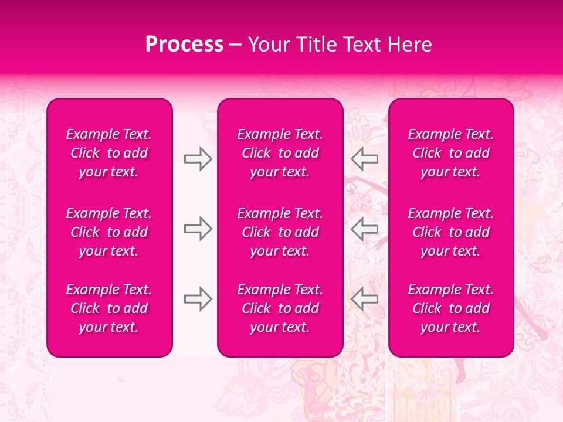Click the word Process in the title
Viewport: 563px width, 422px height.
pos(184,45)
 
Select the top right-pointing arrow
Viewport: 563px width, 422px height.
pos(198,158)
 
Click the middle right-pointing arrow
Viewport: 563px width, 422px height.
pos(198,229)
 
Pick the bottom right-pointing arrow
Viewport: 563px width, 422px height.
pos(198,299)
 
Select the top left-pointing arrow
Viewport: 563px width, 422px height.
pos(364,158)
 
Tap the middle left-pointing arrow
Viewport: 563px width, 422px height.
pos(364,229)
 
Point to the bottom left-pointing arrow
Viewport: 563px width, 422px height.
pos(364,299)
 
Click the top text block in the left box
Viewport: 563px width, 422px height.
pos(109,153)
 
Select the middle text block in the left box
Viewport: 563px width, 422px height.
pos(109,232)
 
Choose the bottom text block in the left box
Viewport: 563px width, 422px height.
pos(109,308)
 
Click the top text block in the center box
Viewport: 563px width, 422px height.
pos(280,153)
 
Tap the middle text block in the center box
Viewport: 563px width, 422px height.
pos(280,232)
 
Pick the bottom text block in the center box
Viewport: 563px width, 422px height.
pos(280,308)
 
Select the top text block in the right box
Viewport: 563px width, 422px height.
pos(451,153)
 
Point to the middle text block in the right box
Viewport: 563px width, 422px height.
pos(451,232)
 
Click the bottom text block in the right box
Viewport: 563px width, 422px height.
pos(451,308)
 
